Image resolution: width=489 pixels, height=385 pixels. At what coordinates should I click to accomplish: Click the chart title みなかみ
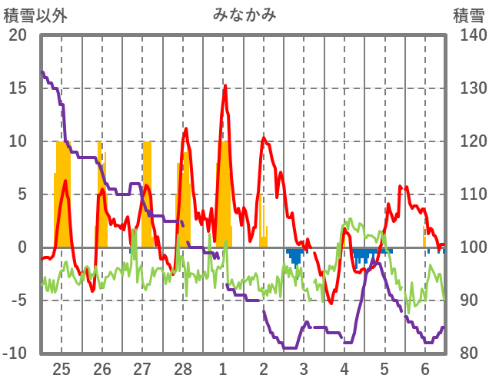click(244, 15)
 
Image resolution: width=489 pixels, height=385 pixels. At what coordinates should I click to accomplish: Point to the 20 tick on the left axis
click(18, 35)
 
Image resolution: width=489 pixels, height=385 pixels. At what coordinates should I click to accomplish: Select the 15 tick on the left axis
click(18, 88)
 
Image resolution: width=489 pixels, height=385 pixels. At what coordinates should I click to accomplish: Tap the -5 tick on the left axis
click(18, 300)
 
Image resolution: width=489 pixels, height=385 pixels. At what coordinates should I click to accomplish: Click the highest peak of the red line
click(225, 85)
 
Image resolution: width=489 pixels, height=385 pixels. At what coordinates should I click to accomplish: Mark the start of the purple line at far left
click(42, 72)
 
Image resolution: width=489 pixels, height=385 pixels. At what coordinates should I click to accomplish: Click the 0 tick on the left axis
click(21, 247)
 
